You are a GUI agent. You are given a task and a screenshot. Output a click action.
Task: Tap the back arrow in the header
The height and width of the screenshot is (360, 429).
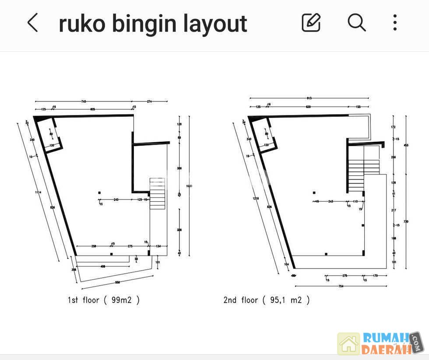tap(33, 23)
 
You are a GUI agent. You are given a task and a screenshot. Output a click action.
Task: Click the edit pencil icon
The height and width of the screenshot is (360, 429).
tap(311, 22)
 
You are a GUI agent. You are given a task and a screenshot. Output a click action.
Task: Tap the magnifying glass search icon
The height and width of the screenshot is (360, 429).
tap(357, 22)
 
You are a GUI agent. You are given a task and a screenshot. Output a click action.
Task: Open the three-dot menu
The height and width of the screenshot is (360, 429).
tap(395, 22)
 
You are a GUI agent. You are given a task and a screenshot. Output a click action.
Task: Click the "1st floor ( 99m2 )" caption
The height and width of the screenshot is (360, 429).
tap(103, 300)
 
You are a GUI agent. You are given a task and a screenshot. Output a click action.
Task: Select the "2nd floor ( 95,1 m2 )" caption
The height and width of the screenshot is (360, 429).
tap(267, 300)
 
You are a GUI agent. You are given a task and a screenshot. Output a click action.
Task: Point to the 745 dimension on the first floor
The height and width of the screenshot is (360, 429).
tap(84, 101)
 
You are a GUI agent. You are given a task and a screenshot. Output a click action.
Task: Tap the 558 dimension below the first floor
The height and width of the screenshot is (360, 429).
tap(117, 283)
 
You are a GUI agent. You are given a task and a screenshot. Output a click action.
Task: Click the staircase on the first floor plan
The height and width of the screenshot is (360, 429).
tap(156, 193)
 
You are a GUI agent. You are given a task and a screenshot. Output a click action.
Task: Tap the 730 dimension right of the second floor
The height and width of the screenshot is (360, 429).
tap(406, 222)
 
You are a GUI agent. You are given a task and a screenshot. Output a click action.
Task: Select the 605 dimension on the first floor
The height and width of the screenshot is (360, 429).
tap(92, 109)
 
